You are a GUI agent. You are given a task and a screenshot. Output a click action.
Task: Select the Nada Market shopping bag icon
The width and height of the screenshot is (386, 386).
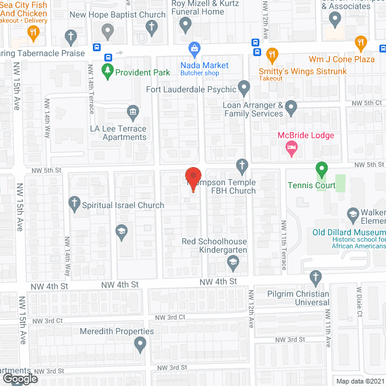coord(195,48)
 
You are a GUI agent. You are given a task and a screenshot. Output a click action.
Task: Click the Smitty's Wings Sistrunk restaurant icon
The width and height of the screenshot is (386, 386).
coord(272,55)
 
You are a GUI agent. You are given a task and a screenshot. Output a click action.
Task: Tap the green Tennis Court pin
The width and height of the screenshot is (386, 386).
coord(322,169)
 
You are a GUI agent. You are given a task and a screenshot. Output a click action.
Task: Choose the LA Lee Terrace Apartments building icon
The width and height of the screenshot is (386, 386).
coord(132,112)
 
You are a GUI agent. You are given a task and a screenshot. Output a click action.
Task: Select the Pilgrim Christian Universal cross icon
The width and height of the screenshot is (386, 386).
coord(315,278)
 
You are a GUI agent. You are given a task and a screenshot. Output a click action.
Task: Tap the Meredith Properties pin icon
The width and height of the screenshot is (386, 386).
coord(141,345)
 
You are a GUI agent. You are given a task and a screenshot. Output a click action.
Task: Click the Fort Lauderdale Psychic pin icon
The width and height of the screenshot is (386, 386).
coord(244,89)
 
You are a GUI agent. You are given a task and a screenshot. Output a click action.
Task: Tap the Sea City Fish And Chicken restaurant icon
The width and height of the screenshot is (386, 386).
coord(33,34)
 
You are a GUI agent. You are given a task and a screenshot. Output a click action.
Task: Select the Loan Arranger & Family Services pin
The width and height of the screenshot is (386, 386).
coord(291,109)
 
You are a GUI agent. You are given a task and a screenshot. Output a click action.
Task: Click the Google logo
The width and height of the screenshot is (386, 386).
coord(21,378)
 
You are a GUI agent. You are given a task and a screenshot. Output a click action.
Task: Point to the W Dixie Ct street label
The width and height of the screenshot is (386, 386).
coord(359,305)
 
